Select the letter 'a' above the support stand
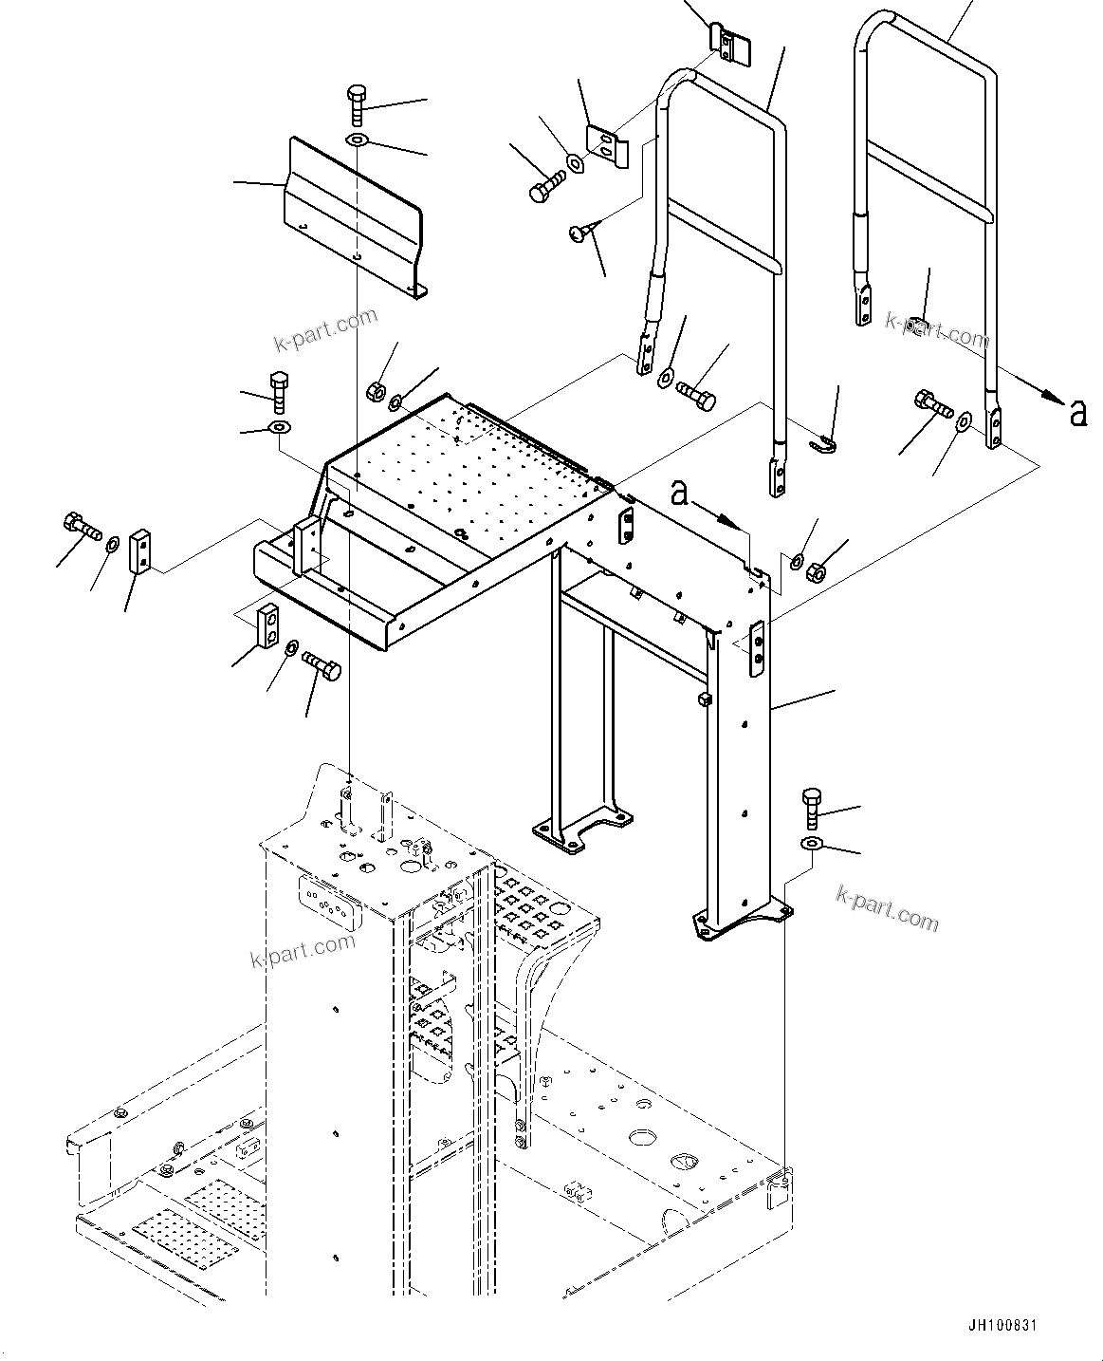[679, 492]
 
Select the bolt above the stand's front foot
[813, 808]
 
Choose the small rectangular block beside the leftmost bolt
[139, 551]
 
